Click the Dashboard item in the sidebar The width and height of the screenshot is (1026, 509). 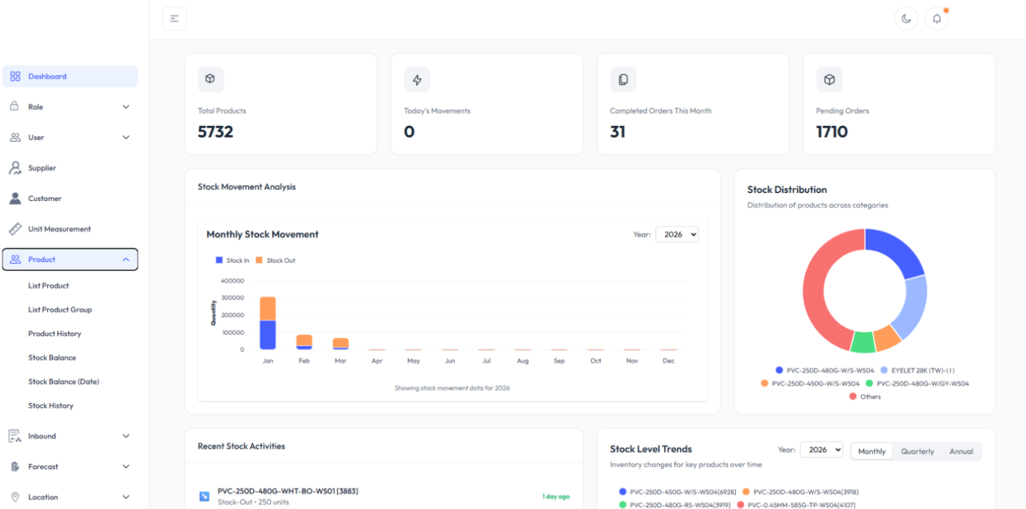(x=48, y=77)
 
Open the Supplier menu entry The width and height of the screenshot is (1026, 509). (x=42, y=168)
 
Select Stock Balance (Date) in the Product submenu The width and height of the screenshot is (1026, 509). (x=64, y=381)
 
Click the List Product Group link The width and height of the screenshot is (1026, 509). (x=60, y=310)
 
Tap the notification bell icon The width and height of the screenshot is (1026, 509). (x=936, y=19)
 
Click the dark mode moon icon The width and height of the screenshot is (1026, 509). (x=906, y=19)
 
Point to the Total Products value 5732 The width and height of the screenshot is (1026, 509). (x=215, y=131)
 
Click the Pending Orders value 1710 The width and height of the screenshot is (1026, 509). (x=832, y=131)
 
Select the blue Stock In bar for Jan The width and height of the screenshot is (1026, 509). (x=267, y=334)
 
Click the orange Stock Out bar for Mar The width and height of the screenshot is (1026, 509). (x=340, y=342)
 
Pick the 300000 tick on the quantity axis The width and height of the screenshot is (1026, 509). (x=233, y=298)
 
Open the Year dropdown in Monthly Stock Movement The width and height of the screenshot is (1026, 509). (x=677, y=234)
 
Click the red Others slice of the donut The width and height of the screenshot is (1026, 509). (x=821, y=290)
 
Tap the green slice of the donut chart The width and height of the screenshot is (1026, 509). (x=862, y=342)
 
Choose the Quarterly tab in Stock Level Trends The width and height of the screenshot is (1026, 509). (x=917, y=452)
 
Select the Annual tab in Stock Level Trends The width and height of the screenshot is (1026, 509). (x=961, y=452)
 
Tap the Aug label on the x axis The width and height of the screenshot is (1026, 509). (x=522, y=361)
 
